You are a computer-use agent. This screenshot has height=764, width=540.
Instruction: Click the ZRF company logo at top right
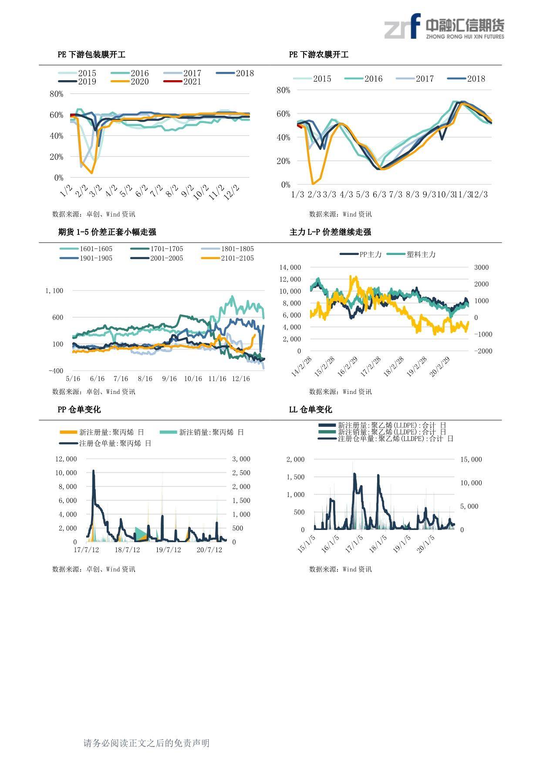pos(444,27)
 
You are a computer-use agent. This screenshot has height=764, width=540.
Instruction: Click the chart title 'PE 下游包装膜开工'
pos(91,54)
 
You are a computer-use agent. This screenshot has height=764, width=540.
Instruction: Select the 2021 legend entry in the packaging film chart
pos(182,81)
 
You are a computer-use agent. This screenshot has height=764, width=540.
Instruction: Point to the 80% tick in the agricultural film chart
pos(283,90)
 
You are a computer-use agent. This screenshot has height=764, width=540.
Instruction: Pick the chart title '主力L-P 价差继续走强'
pos(330,232)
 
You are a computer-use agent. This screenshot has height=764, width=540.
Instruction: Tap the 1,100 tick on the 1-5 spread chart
pos(54,291)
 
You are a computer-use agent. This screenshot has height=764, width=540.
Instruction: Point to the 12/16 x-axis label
pos(241,379)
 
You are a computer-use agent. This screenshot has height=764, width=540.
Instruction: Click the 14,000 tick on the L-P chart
pos(290,268)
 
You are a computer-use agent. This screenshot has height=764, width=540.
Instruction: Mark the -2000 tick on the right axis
pos(483,351)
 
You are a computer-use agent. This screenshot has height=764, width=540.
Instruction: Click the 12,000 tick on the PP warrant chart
pos(66,459)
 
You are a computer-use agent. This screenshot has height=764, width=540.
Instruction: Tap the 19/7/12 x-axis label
pos(168,550)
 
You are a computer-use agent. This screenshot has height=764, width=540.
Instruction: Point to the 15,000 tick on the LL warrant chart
pos(471,459)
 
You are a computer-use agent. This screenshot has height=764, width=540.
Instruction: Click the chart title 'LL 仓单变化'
pos(310,409)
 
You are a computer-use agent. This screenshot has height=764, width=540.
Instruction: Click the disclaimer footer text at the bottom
pos(146,743)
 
